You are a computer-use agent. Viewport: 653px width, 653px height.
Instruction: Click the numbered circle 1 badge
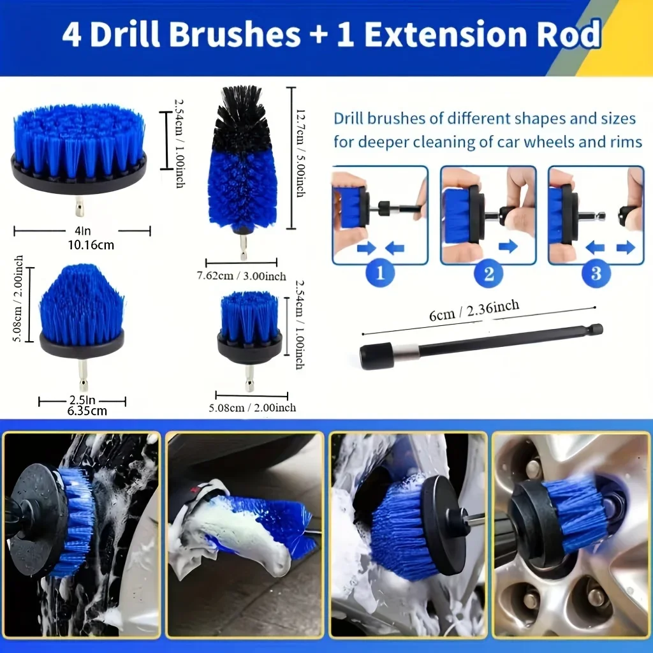click(x=379, y=274)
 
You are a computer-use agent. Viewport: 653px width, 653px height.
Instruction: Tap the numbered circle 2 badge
click(x=488, y=274)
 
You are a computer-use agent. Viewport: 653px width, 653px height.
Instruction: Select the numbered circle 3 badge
click(x=596, y=274)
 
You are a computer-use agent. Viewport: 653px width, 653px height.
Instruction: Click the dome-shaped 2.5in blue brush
click(x=82, y=306)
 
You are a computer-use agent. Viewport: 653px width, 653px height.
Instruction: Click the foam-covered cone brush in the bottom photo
click(x=255, y=529)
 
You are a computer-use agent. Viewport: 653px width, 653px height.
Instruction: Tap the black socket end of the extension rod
click(x=369, y=356)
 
